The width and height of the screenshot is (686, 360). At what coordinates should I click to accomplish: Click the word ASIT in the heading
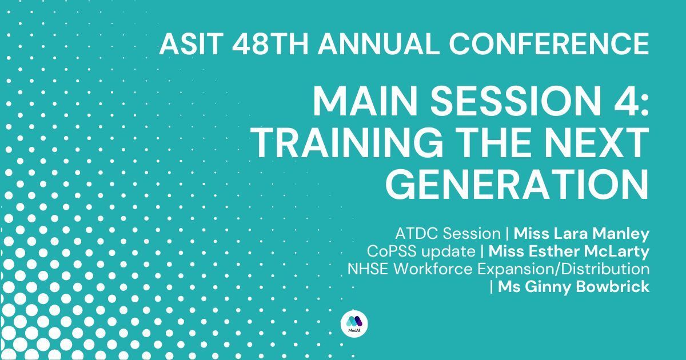point(191,44)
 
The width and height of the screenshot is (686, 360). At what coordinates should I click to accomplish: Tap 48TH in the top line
point(270,44)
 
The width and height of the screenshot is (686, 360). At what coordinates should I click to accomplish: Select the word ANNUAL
point(376,44)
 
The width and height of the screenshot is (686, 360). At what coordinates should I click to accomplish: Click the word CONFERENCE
point(549,44)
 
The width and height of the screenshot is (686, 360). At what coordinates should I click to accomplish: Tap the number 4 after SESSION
point(625,101)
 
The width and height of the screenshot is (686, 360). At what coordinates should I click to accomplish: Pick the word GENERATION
point(517,185)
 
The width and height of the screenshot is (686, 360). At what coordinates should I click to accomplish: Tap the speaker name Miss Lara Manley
point(581,234)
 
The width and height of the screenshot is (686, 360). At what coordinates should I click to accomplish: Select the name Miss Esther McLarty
point(569,252)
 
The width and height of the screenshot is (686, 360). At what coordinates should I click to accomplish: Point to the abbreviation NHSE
point(368,269)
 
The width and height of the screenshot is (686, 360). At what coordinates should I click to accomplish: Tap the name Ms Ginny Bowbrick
point(573,287)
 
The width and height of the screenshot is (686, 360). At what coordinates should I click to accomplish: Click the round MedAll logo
point(354,323)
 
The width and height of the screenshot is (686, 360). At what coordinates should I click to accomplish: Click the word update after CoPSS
point(448,252)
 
